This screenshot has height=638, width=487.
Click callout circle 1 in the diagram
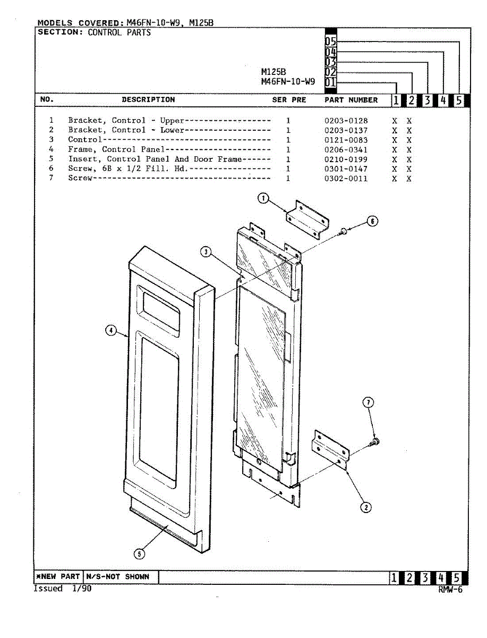263,199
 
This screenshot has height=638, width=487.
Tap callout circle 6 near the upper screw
373,221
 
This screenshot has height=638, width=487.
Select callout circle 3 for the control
206,252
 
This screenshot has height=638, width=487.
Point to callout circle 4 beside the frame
110,331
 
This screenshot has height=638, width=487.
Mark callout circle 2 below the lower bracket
366,507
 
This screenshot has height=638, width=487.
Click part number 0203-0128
346,121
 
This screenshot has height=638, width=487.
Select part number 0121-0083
346,140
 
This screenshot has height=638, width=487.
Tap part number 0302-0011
346,179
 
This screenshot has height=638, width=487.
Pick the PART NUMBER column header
351,100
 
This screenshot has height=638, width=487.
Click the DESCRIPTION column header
148,99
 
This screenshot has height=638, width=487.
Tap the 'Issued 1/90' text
62,589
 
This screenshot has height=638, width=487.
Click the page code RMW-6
450,589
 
